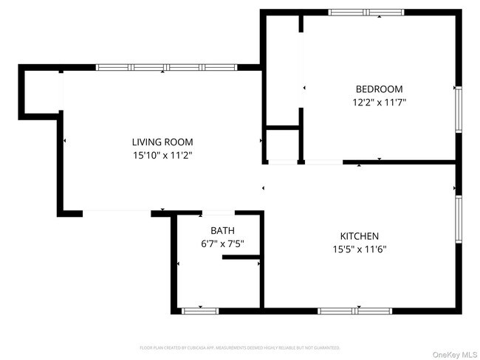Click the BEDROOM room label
click(x=380, y=89)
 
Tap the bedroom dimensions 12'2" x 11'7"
click(x=380, y=103)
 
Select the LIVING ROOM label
click(x=162, y=142)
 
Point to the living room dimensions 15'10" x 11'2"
click(x=162, y=156)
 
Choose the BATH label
click(x=222, y=231)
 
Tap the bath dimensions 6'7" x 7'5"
click(x=222, y=243)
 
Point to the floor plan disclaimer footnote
click(x=240, y=347)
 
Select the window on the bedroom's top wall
click(x=366, y=12)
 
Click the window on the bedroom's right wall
click(x=458, y=111)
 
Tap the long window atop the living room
click(x=166, y=68)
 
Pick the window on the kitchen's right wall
click(x=458, y=220)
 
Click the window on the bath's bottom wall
click(x=201, y=311)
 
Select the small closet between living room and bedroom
click(x=281, y=144)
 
